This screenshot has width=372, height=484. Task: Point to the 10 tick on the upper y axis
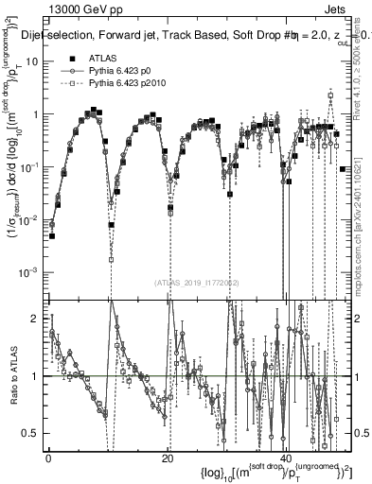(35, 61)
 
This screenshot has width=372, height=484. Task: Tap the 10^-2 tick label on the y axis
(31, 219)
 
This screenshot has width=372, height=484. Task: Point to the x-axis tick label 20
(168, 458)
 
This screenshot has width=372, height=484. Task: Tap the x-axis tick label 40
(287, 458)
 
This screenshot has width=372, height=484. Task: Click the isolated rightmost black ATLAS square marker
(342, 169)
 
